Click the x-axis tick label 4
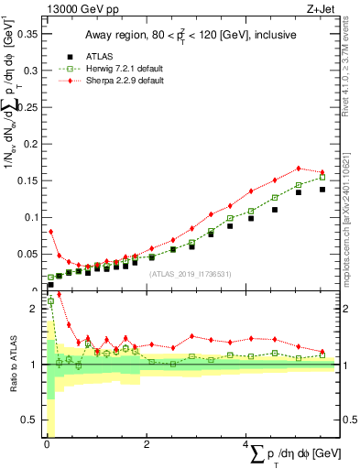click(x=245, y=444)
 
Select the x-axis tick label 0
click(x=47, y=444)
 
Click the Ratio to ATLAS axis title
click(x=12, y=365)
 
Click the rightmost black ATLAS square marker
click(x=322, y=190)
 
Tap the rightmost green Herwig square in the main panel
click(x=322, y=177)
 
